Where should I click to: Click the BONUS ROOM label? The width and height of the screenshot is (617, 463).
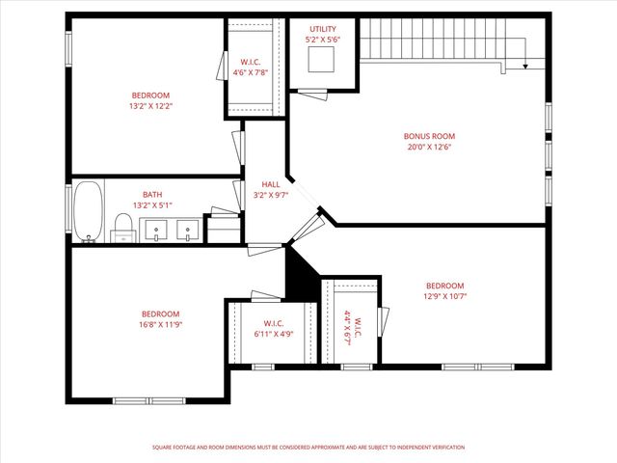(429, 136)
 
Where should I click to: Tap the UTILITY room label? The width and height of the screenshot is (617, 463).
(323, 29)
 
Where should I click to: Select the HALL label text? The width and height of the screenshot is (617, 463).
(270, 184)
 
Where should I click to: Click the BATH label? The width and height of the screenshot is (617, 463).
(152, 194)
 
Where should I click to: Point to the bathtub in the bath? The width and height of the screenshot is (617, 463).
(88, 210)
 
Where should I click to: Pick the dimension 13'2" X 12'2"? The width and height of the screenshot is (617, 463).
(150, 106)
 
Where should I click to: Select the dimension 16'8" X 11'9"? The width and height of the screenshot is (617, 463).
(160, 325)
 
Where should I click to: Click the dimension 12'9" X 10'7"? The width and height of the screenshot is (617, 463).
(444, 297)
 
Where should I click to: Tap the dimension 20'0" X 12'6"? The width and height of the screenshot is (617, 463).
(429, 148)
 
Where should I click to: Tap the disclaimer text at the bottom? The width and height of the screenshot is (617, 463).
(308, 448)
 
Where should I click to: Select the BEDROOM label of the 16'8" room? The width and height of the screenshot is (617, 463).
(160, 313)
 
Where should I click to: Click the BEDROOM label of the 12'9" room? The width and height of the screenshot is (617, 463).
(444, 286)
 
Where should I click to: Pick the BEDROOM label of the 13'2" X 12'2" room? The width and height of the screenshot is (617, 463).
(150, 95)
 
